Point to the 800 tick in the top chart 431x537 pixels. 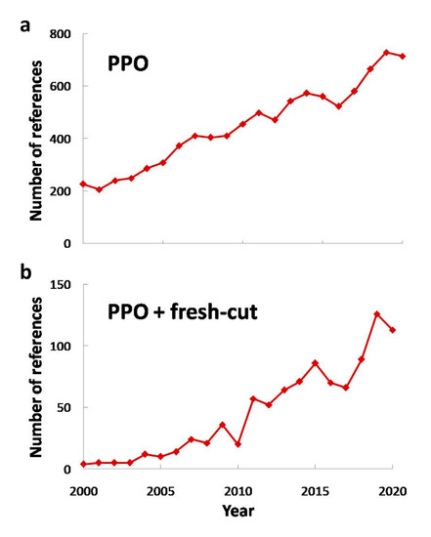coord(64,34)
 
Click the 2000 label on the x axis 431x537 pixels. coord(84,490)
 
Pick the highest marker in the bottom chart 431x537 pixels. coord(377,314)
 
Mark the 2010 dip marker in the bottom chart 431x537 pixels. coord(238,444)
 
